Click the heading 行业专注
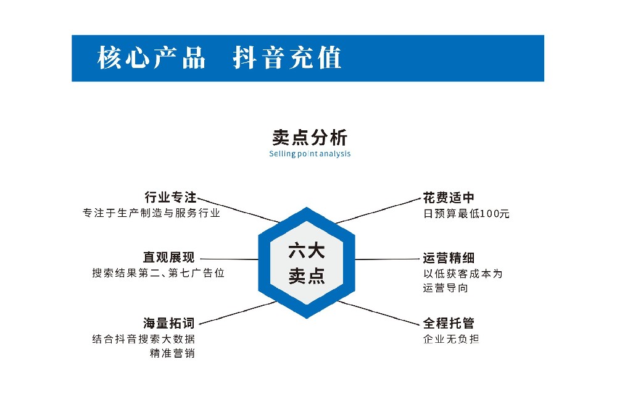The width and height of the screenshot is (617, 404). (x=170, y=197)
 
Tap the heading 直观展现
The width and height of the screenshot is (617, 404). (x=169, y=258)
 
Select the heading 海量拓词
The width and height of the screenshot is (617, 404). (x=169, y=323)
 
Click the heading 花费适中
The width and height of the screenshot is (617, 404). (x=449, y=198)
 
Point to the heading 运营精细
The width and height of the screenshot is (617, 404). (x=449, y=258)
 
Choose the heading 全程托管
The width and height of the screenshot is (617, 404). (x=449, y=323)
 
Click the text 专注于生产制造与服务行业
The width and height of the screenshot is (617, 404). (x=152, y=213)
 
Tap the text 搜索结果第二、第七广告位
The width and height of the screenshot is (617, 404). (x=158, y=273)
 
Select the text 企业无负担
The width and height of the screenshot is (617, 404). (x=451, y=339)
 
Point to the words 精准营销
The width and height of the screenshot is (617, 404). (x=172, y=353)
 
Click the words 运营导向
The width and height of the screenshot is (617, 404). (x=445, y=288)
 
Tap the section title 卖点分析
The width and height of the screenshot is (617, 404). (x=310, y=138)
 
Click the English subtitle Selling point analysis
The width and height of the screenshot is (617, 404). (x=310, y=154)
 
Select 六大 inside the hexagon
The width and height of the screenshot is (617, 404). (x=307, y=251)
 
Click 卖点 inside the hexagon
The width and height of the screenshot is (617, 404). (x=307, y=276)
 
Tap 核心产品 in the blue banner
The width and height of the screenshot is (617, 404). (x=152, y=57)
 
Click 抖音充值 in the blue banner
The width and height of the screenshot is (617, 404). (x=287, y=57)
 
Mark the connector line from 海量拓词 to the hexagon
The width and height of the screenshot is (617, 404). (x=238, y=313)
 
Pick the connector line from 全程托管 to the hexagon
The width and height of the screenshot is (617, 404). (x=379, y=313)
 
